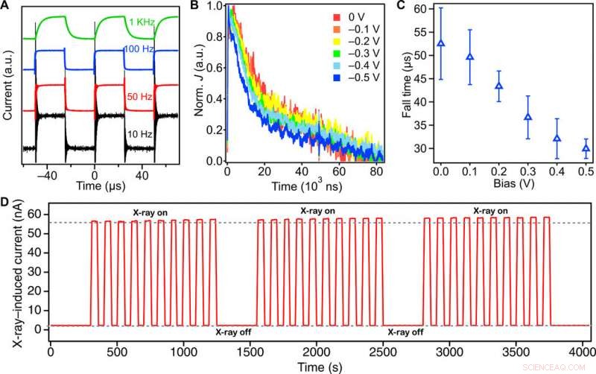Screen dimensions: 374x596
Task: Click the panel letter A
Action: [6, 7]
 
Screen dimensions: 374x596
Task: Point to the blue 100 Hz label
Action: [139, 49]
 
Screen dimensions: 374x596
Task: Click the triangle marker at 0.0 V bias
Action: [441, 43]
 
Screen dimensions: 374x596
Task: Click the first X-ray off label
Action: [234, 332]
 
